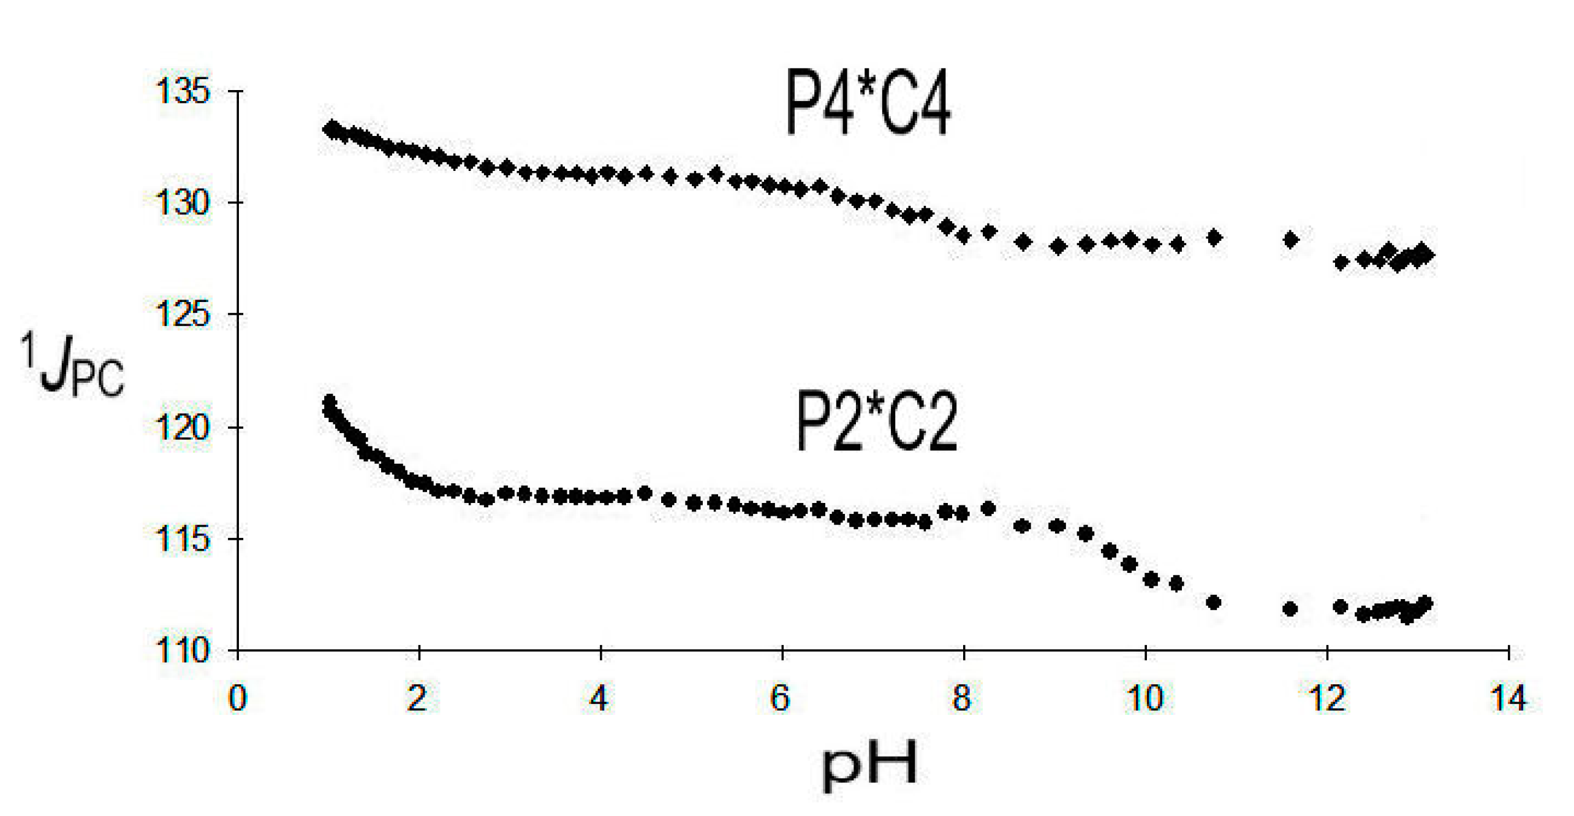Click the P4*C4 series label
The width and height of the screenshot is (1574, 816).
point(868,110)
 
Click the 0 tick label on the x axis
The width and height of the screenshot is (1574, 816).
point(237,698)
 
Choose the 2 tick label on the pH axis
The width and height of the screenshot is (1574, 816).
point(417,698)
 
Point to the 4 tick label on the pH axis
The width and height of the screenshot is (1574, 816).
point(599,698)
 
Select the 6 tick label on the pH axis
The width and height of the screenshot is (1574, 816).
point(780,698)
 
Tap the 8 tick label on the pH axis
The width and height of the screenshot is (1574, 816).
point(962,698)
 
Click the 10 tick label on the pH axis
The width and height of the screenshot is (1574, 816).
point(1145,698)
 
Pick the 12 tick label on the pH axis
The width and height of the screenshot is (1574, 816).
point(1326,698)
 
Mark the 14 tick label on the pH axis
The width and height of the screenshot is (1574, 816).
point(1508,698)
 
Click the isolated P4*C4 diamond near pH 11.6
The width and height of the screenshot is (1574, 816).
point(1291,240)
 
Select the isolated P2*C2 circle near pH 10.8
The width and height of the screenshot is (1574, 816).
point(1214,602)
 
